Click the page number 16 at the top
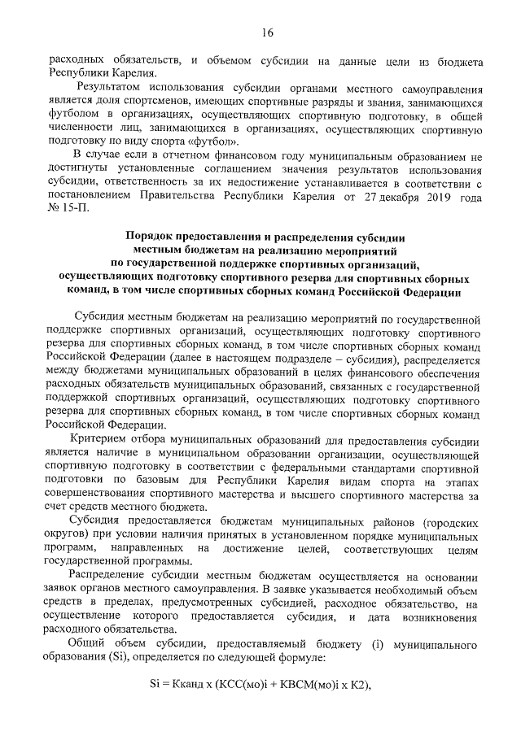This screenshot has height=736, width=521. coord(267,33)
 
